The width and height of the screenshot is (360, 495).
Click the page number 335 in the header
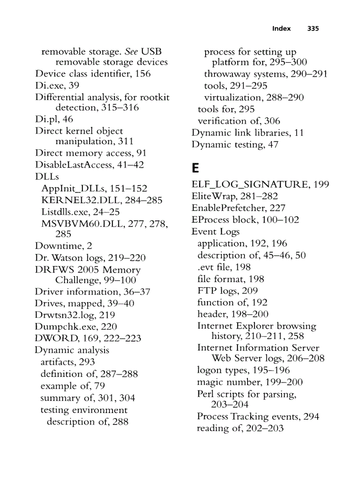[313, 29]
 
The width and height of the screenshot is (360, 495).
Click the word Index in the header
[281, 29]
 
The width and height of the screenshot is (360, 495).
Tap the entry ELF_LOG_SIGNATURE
[251, 185]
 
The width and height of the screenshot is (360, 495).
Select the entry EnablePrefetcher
[229, 208]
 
